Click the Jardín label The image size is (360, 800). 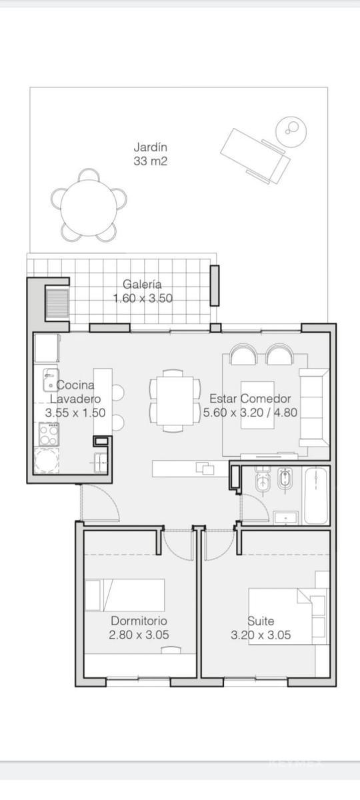pyautogui.click(x=151, y=147)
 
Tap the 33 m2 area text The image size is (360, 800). pyautogui.click(x=151, y=161)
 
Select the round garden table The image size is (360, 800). pyautogui.click(x=89, y=208)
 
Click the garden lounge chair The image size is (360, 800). pyautogui.click(x=255, y=156)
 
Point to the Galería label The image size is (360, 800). pyautogui.click(x=142, y=284)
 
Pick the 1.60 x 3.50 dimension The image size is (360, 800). pyautogui.click(x=143, y=298)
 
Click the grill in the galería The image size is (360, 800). pyautogui.click(x=57, y=303)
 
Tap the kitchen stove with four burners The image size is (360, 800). pyautogui.click(x=49, y=433)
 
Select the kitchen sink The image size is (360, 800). pyautogui.click(x=51, y=379)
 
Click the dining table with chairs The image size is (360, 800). pyautogui.click(x=175, y=401)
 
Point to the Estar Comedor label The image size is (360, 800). pyautogui.click(x=250, y=399)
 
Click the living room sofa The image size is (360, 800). pyautogui.click(x=314, y=407)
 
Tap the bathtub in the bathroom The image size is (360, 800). pyautogui.click(x=315, y=496)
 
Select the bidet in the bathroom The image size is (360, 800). pyautogui.click(x=285, y=479)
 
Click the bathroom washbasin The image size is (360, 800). pyautogui.click(x=285, y=518)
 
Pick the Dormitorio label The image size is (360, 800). pyautogui.click(x=139, y=621)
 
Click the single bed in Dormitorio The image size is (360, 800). pyautogui.click(x=125, y=595)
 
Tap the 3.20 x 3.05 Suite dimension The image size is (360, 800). pyautogui.click(x=261, y=635)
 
